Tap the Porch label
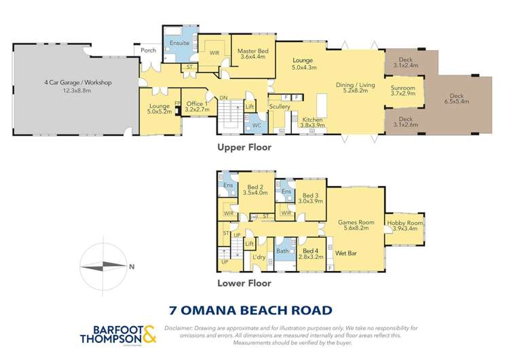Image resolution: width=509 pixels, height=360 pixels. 147,50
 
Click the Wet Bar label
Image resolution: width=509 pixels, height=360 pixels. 347,253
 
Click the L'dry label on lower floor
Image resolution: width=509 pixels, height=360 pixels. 259,256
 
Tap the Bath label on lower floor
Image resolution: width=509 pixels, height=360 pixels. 283,251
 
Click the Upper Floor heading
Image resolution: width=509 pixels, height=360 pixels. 244,147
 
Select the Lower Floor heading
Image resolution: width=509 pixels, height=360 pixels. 244,283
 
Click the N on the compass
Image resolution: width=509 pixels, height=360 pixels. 130,266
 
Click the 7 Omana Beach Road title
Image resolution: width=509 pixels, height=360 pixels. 250,310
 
